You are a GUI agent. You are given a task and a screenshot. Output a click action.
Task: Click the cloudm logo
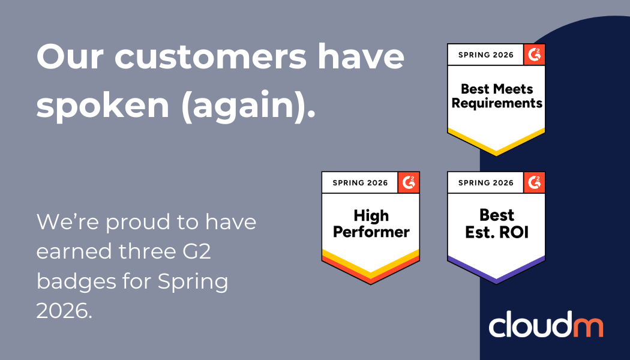545,326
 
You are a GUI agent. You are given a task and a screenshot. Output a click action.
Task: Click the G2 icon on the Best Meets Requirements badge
534,55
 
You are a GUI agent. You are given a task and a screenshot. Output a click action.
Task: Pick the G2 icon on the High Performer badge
409,182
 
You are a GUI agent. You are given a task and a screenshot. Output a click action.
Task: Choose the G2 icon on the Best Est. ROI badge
534,182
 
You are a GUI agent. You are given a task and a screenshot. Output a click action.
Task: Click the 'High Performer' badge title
371,223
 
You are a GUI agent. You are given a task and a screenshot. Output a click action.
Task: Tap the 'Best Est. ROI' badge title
496,223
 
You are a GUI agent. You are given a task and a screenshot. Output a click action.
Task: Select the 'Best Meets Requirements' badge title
496,96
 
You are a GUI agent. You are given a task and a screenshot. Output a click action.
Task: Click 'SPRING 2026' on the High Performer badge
360,183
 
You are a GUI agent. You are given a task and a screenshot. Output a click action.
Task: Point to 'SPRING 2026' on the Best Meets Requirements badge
486,55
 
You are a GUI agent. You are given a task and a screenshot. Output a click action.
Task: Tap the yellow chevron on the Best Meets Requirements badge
496,144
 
